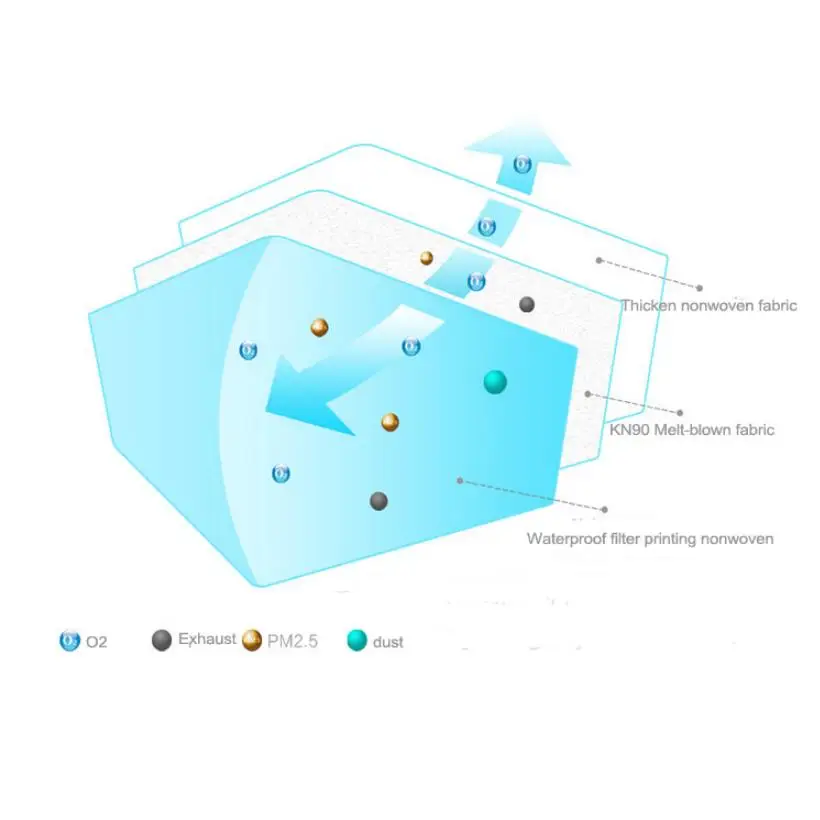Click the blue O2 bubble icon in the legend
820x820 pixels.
(x=69, y=640)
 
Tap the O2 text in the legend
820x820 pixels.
(x=96, y=641)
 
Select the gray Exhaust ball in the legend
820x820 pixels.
(x=162, y=641)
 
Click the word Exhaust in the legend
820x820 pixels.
(x=207, y=639)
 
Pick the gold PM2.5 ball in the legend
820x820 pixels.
(x=252, y=641)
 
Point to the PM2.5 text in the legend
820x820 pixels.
(x=292, y=641)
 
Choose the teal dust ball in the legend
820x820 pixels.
(x=357, y=640)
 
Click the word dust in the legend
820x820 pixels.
(x=388, y=642)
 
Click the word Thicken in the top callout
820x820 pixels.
(x=648, y=305)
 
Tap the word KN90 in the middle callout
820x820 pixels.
(x=630, y=430)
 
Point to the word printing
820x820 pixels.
(x=680, y=539)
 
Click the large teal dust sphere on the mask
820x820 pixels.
(x=495, y=381)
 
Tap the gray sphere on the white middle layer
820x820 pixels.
(x=527, y=304)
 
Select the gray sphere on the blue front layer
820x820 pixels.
(x=378, y=500)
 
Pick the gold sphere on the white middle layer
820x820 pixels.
(x=426, y=258)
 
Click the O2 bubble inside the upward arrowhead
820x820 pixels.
(x=521, y=163)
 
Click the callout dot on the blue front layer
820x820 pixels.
(x=460, y=481)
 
